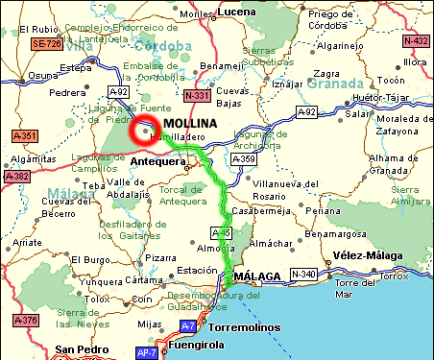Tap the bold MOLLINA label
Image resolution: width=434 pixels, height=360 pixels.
pos(191,125)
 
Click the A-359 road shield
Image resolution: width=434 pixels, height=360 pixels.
pos(241,158)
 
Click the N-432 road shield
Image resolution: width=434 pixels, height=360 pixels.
pos(417,41)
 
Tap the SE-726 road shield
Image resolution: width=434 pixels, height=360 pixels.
pos(46,44)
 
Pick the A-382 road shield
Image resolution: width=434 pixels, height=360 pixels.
pos(16,177)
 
